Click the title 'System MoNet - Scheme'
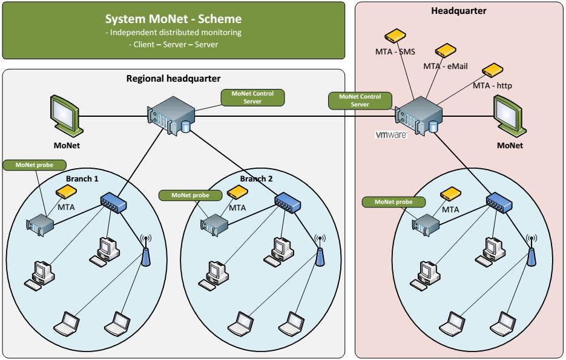(173, 19)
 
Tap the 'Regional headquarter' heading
(173, 79)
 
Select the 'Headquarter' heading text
(458, 11)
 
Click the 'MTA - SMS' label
(395, 51)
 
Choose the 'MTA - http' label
(492, 86)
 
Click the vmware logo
(390, 135)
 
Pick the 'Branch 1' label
(82, 179)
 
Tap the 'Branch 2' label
(256, 179)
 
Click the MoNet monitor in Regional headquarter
(64, 115)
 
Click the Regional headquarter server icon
(172, 117)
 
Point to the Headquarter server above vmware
(417, 117)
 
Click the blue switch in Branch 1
(113, 203)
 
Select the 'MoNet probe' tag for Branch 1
(34, 165)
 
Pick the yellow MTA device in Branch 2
(237, 194)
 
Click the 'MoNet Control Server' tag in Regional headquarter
(252, 97)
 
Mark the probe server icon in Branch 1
(40, 224)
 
